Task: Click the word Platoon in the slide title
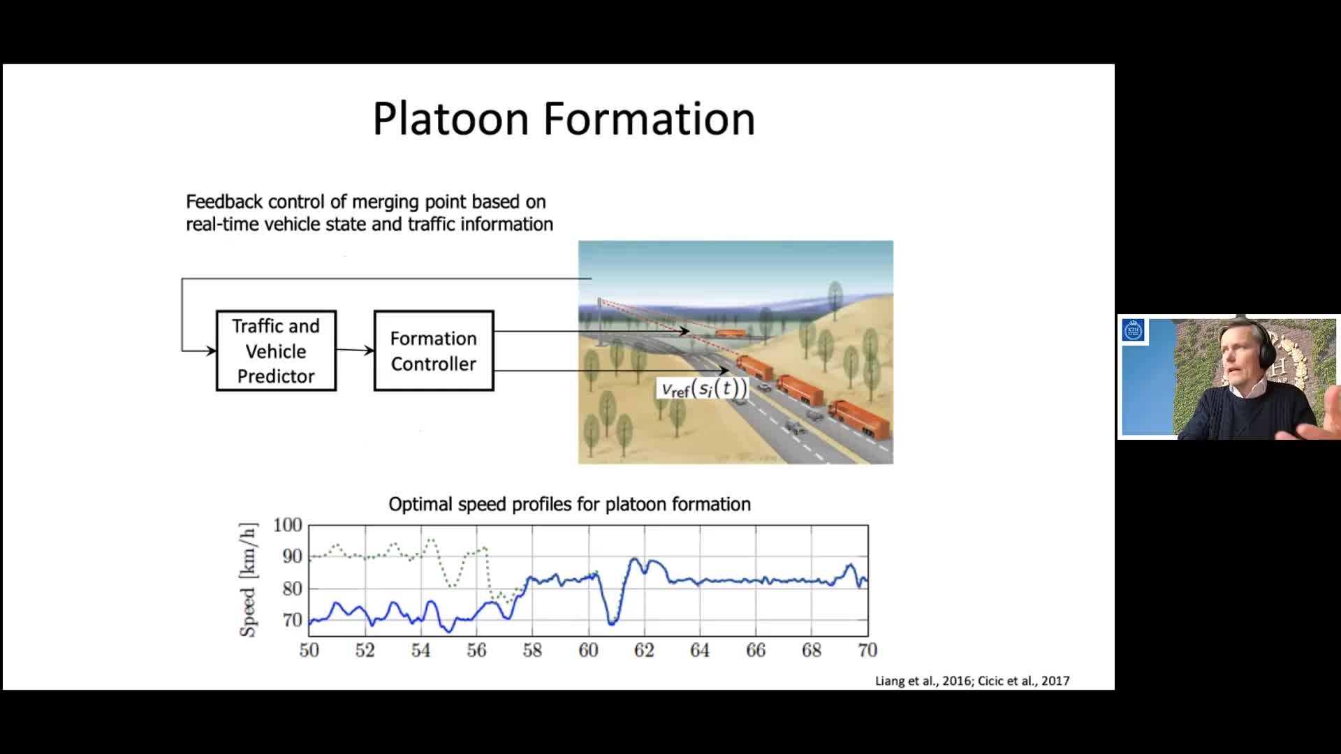[x=451, y=118]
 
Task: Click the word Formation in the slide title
[x=650, y=118]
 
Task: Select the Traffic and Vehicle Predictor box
[x=276, y=350]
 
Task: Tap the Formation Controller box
[x=434, y=350]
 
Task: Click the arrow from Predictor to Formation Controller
[x=356, y=350]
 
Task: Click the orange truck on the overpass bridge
[x=731, y=333]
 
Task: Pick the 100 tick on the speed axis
[x=287, y=525]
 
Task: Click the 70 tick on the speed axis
[x=292, y=620]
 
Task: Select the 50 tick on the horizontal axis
[x=309, y=651]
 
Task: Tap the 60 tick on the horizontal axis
[x=588, y=651]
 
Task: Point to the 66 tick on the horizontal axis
[x=756, y=651]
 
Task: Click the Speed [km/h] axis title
[x=249, y=579]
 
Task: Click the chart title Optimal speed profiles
[x=569, y=504]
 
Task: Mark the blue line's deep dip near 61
[x=611, y=621]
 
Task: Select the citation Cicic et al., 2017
[x=1023, y=681]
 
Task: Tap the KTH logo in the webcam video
[x=1134, y=330]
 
